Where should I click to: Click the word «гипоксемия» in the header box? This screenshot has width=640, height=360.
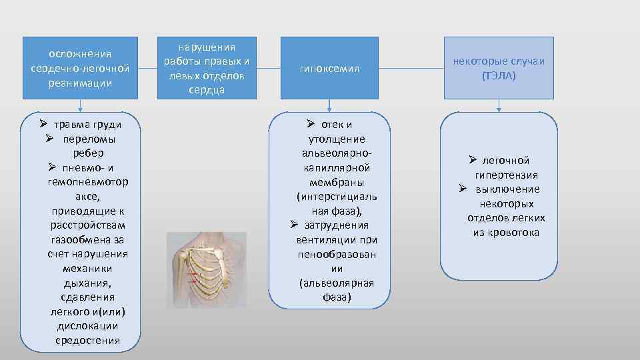(x=329, y=69)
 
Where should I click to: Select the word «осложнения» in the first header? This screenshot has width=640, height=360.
(x=80, y=54)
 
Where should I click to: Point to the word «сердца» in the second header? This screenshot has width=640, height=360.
(x=206, y=89)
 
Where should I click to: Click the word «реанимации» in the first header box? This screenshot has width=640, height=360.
(x=80, y=83)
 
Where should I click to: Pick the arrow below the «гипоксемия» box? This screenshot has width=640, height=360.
(x=329, y=106)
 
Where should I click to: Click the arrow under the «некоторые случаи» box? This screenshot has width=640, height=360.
(x=499, y=106)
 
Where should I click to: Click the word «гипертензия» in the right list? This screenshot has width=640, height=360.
(x=507, y=175)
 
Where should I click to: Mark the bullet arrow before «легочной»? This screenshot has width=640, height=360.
(x=472, y=160)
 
